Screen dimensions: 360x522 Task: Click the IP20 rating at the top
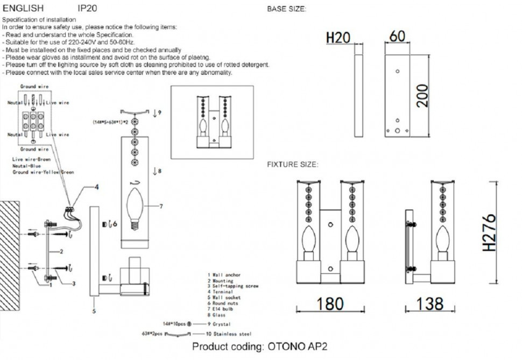87,9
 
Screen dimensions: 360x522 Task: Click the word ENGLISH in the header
24,9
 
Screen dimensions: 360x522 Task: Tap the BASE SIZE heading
287,9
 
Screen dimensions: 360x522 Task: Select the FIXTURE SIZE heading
292,164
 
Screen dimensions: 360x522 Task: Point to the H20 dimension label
338,38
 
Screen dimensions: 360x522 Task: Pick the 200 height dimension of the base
423,95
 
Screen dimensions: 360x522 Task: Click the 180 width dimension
329,303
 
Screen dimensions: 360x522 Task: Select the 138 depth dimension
431,303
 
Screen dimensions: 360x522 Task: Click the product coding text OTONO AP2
259,347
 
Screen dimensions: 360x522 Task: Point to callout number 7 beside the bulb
161,206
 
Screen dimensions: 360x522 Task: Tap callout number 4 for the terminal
96,187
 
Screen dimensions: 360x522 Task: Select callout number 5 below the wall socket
94,311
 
